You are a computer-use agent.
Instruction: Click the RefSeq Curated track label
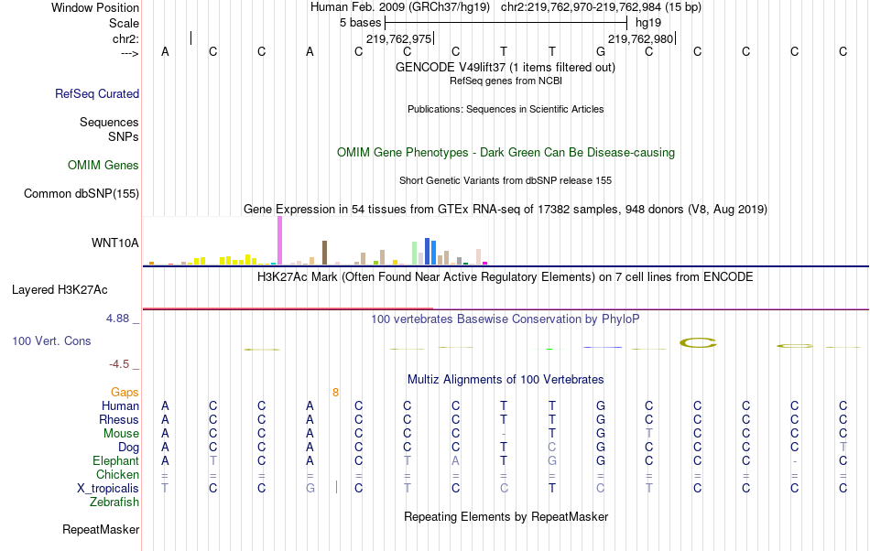(97, 93)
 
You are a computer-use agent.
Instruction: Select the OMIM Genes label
(103, 166)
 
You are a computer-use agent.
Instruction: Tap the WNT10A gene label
(115, 243)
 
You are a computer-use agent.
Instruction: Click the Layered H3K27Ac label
(60, 290)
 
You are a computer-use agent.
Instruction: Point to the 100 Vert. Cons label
(51, 340)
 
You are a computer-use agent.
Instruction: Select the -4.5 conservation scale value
(120, 363)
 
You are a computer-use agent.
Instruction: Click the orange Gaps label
(125, 392)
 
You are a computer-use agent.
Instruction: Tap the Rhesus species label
(119, 419)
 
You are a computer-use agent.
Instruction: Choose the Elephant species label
(115, 461)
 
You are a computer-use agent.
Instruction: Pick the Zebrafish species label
(114, 502)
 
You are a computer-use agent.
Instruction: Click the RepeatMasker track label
(101, 529)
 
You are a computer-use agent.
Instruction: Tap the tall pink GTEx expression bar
(279, 242)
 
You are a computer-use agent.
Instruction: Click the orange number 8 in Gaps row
(335, 392)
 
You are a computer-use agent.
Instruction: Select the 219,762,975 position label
(398, 39)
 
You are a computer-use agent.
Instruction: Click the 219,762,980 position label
(640, 39)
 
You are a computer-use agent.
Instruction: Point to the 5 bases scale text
(360, 22)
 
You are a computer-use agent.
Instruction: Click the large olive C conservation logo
(698, 343)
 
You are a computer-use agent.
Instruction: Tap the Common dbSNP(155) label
(82, 193)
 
